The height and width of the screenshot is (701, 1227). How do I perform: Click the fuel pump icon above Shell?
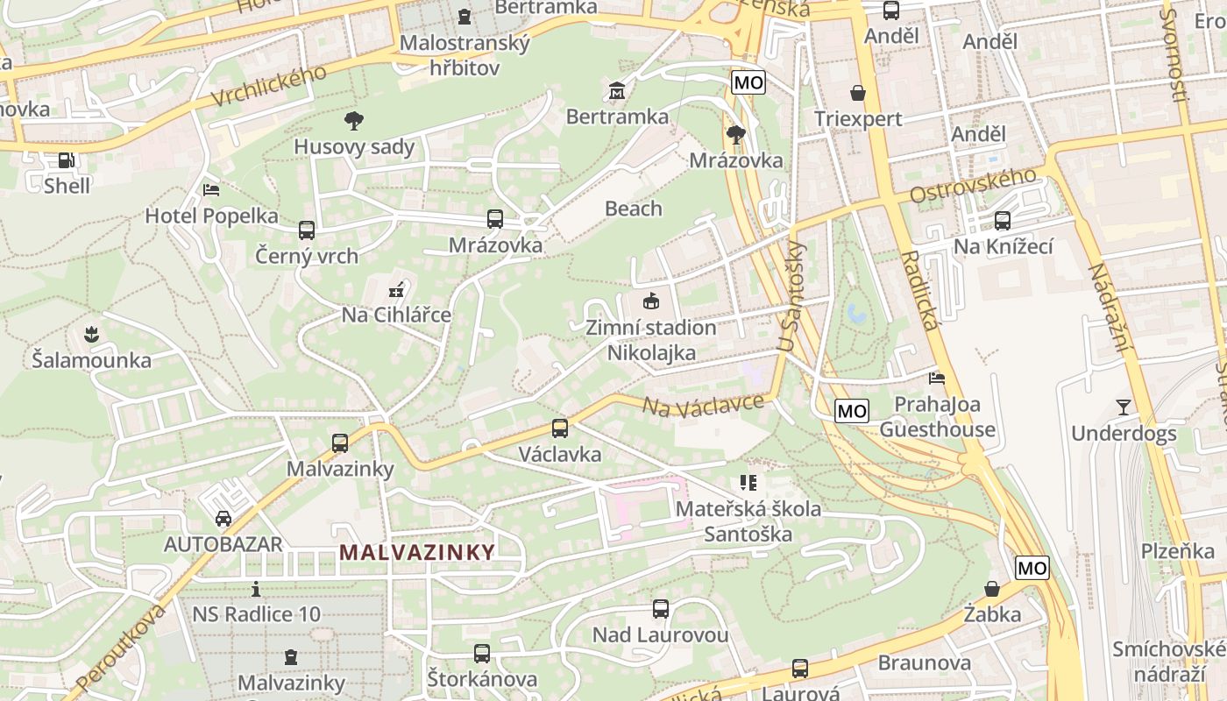tap(66, 160)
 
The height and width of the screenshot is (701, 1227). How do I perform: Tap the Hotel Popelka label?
tap(211, 216)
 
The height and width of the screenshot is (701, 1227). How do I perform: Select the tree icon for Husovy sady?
tap(353, 121)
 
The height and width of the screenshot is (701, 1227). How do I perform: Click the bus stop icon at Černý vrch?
tap(306, 230)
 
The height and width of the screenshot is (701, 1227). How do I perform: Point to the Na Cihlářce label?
tap(396, 315)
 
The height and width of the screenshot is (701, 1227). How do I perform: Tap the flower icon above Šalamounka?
tap(90, 334)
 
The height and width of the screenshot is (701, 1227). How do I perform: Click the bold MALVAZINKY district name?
tap(417, 552)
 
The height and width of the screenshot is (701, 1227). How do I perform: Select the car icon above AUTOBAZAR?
tap(223, 518)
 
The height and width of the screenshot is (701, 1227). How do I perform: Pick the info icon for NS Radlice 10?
tap(256, 589)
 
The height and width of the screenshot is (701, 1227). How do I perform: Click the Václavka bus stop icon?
tap(559, 428)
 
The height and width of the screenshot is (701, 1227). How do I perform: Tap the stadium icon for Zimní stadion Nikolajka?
tap(650, 301)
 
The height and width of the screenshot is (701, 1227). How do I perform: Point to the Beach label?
tap(634, 209)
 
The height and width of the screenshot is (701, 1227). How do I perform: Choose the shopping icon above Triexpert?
tap(857, 93)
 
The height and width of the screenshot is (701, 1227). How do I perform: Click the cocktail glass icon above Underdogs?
tap(1123, 407)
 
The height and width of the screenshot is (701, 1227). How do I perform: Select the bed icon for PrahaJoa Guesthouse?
tap(937, 379)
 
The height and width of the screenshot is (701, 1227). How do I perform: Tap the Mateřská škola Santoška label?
tap(748, 521)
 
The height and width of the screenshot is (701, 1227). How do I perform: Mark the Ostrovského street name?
tap(973, 185)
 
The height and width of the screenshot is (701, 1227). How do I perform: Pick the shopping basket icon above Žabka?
tap(992, 588)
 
